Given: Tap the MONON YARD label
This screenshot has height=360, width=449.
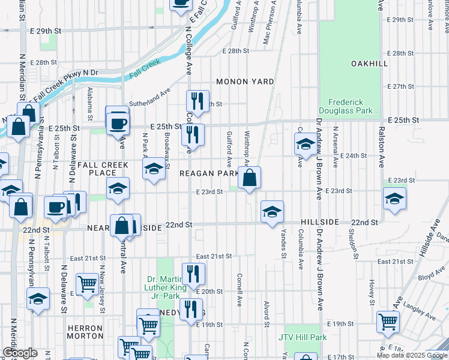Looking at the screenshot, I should coord(245,82).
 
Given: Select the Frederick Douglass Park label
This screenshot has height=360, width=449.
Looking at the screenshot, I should coord(350,106).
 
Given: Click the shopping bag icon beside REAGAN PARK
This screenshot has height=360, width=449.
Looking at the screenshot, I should coord(249,178).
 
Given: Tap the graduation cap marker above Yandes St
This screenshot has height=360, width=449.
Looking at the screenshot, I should coord(272,212).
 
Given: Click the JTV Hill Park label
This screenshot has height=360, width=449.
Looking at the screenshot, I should coord(303,337).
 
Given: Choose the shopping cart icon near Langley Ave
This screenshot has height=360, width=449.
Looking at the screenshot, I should coord(388,322).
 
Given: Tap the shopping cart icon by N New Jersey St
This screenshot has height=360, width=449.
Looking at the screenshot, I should coord(88,284).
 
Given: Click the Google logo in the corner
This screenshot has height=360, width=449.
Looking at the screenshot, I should coord(20,353).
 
